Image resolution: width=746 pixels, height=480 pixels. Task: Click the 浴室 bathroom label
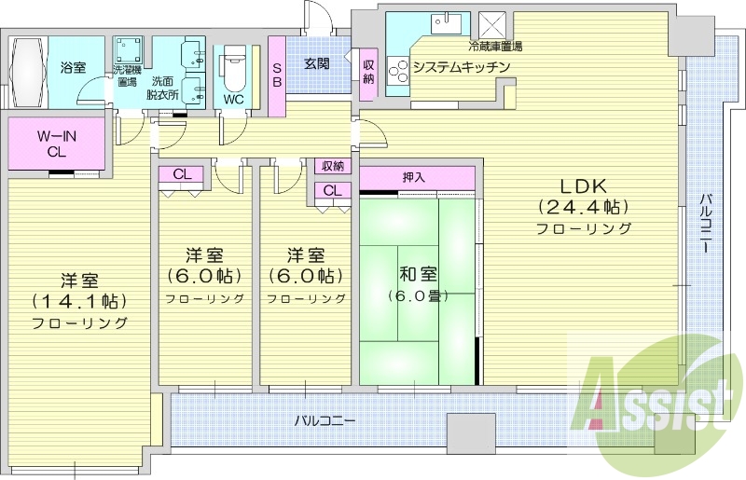tap(73, 68)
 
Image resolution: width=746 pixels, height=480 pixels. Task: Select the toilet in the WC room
tap(233, 71)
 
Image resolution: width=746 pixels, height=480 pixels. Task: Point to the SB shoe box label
tap(277, 75)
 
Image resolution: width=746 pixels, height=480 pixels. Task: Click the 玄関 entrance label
tap(316, 63)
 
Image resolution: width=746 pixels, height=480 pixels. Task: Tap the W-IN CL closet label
tap(56, 144)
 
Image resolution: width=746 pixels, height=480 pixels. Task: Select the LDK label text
tap(583, 184)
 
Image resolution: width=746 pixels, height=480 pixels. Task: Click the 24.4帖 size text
tap(583, 206)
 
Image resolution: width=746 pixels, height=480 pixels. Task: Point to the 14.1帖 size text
tap(79, 300)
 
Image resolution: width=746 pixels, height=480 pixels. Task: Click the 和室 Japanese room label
tap(415, 274)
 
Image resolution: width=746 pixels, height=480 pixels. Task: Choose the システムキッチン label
tap(461, 66)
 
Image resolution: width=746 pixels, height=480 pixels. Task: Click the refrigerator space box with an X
tap(492, 24)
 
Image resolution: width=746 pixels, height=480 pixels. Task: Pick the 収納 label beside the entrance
tap(368, 72)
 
